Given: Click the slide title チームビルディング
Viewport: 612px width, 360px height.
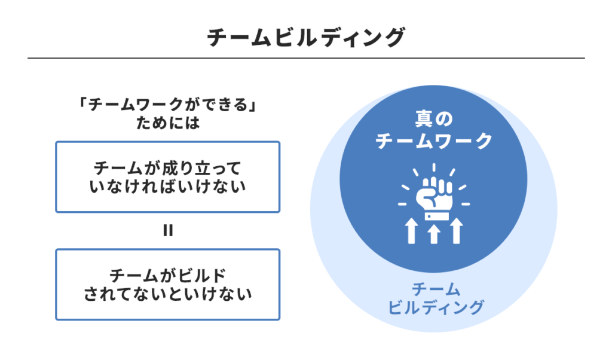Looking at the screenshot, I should click(x=305, y=38).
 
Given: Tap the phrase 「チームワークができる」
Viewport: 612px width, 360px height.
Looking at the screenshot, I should click(x=167, y=106).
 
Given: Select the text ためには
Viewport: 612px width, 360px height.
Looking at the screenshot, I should click(x=167, y=125).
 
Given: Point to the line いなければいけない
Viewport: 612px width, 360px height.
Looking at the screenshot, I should click(x=167, y=187).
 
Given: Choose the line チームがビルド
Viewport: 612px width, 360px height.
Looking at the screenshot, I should click(x=167, y=274).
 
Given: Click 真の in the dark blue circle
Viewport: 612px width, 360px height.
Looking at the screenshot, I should click(x=434, y=120).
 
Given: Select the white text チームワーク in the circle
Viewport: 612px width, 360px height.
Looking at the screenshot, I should click(x=434, y=141).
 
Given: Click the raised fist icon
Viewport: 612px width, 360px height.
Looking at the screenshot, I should click(x=433, y=193).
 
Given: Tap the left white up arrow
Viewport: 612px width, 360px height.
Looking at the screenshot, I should click(x=411, y=231).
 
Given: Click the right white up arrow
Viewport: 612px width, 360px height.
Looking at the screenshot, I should click(x=457, y=231).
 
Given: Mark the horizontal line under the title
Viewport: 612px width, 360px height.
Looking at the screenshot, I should click(x=305, y=58).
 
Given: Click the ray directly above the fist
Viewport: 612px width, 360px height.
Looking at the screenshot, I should click(x=434, y=168).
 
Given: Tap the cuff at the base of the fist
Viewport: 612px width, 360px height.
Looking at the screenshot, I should click(x=433, y=213).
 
